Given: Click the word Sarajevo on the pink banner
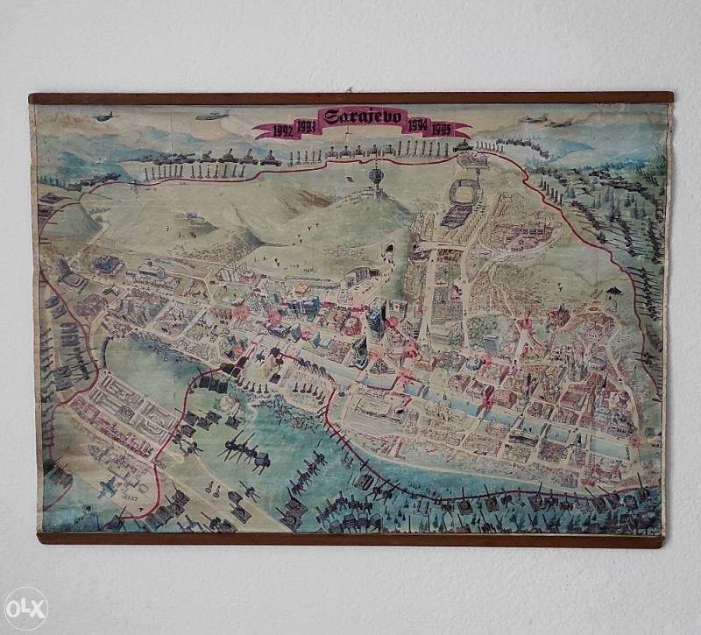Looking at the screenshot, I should pyautogui.click(x=363, y=116).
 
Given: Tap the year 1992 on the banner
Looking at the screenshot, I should pyautogui.click(x=283, y=131).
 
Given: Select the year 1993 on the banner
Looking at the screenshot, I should pyautogui.click(x=306, y=125).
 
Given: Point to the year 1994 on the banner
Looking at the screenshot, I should pyautogui.click(x=416, y=125).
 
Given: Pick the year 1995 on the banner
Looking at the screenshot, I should pyautogui.click(x=441, y=131).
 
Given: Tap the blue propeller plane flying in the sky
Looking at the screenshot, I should pyautogui.click(x=103, y=116).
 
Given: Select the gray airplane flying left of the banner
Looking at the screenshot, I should pyautogui.click(x=212, y=115).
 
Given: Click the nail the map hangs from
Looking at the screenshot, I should pyautogui.click(x=348, y=89).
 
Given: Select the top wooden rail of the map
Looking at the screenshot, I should pyautogui.click(x=350, y=98).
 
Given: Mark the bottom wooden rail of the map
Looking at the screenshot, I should pyautogui.click(x=350, y=539).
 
